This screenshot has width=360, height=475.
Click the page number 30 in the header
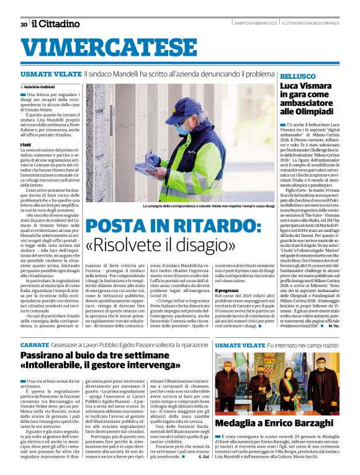click(24, 24)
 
